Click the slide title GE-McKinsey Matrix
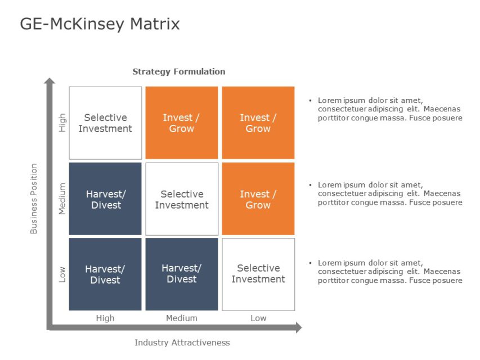100,24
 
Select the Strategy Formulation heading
178,71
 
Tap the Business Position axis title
34,199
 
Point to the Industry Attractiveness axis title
182,342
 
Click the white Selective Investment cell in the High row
105,123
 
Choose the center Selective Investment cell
182,199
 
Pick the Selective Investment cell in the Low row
258,274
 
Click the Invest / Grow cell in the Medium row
258,199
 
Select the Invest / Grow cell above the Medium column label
182,123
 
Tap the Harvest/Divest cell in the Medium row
105,199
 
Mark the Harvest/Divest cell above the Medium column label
182,274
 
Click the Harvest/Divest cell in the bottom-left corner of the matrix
105,274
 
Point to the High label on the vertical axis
62,123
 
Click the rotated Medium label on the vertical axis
62,199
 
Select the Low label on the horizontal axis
258,318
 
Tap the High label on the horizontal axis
105,318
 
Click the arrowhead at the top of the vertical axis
50,82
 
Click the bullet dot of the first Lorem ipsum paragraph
310,101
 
